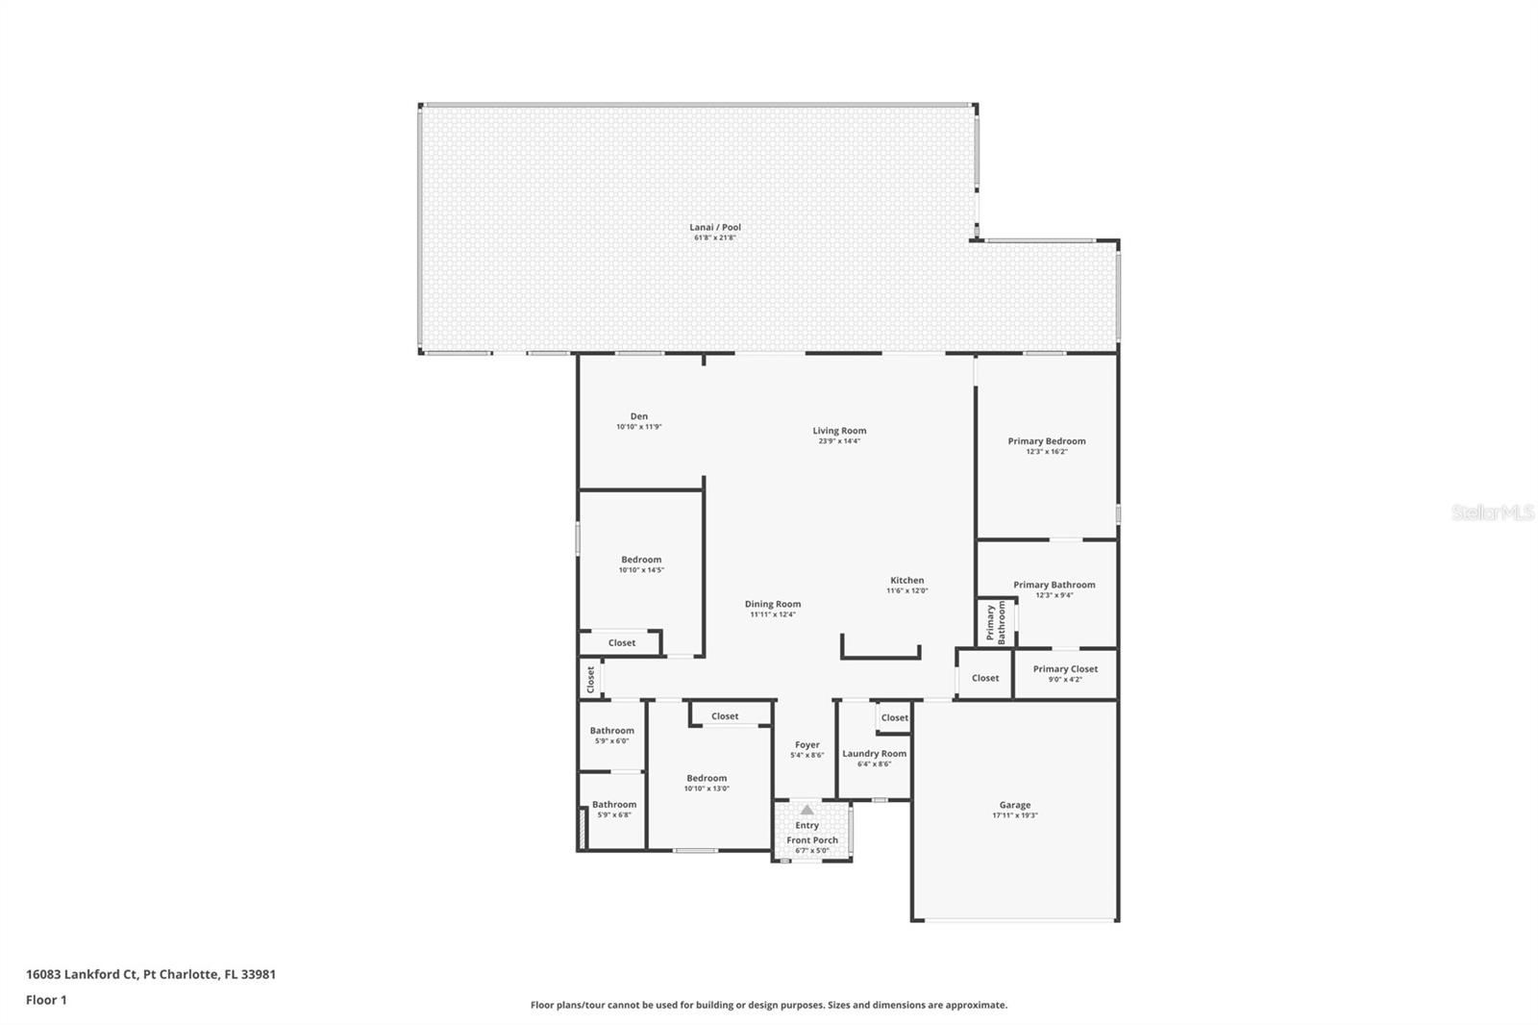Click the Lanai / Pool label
tap(715, 228)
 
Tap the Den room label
tap(638, 416)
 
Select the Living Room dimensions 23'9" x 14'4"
tap(839, 441)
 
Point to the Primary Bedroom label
tap(1046, 441)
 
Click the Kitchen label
tap(906, 580)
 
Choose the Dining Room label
tap(772, 604)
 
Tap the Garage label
tap(1014, 805)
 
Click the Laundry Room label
tap(874, 754)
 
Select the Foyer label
tap(806, 744)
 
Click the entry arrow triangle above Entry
tap(806, 811)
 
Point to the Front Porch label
tap(812, 839)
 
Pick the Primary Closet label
tap(1065, 669)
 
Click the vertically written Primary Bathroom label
tap(996, 623)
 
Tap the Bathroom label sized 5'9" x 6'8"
tap(613, 804)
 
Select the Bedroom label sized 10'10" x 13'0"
tap(707, 778)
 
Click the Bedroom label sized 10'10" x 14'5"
tap(641, 560)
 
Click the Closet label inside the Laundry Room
tap(894, 717)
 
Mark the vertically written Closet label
tap(590, 679)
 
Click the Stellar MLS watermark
tap(1492, 512)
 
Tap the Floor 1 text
tap(46, 1000)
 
